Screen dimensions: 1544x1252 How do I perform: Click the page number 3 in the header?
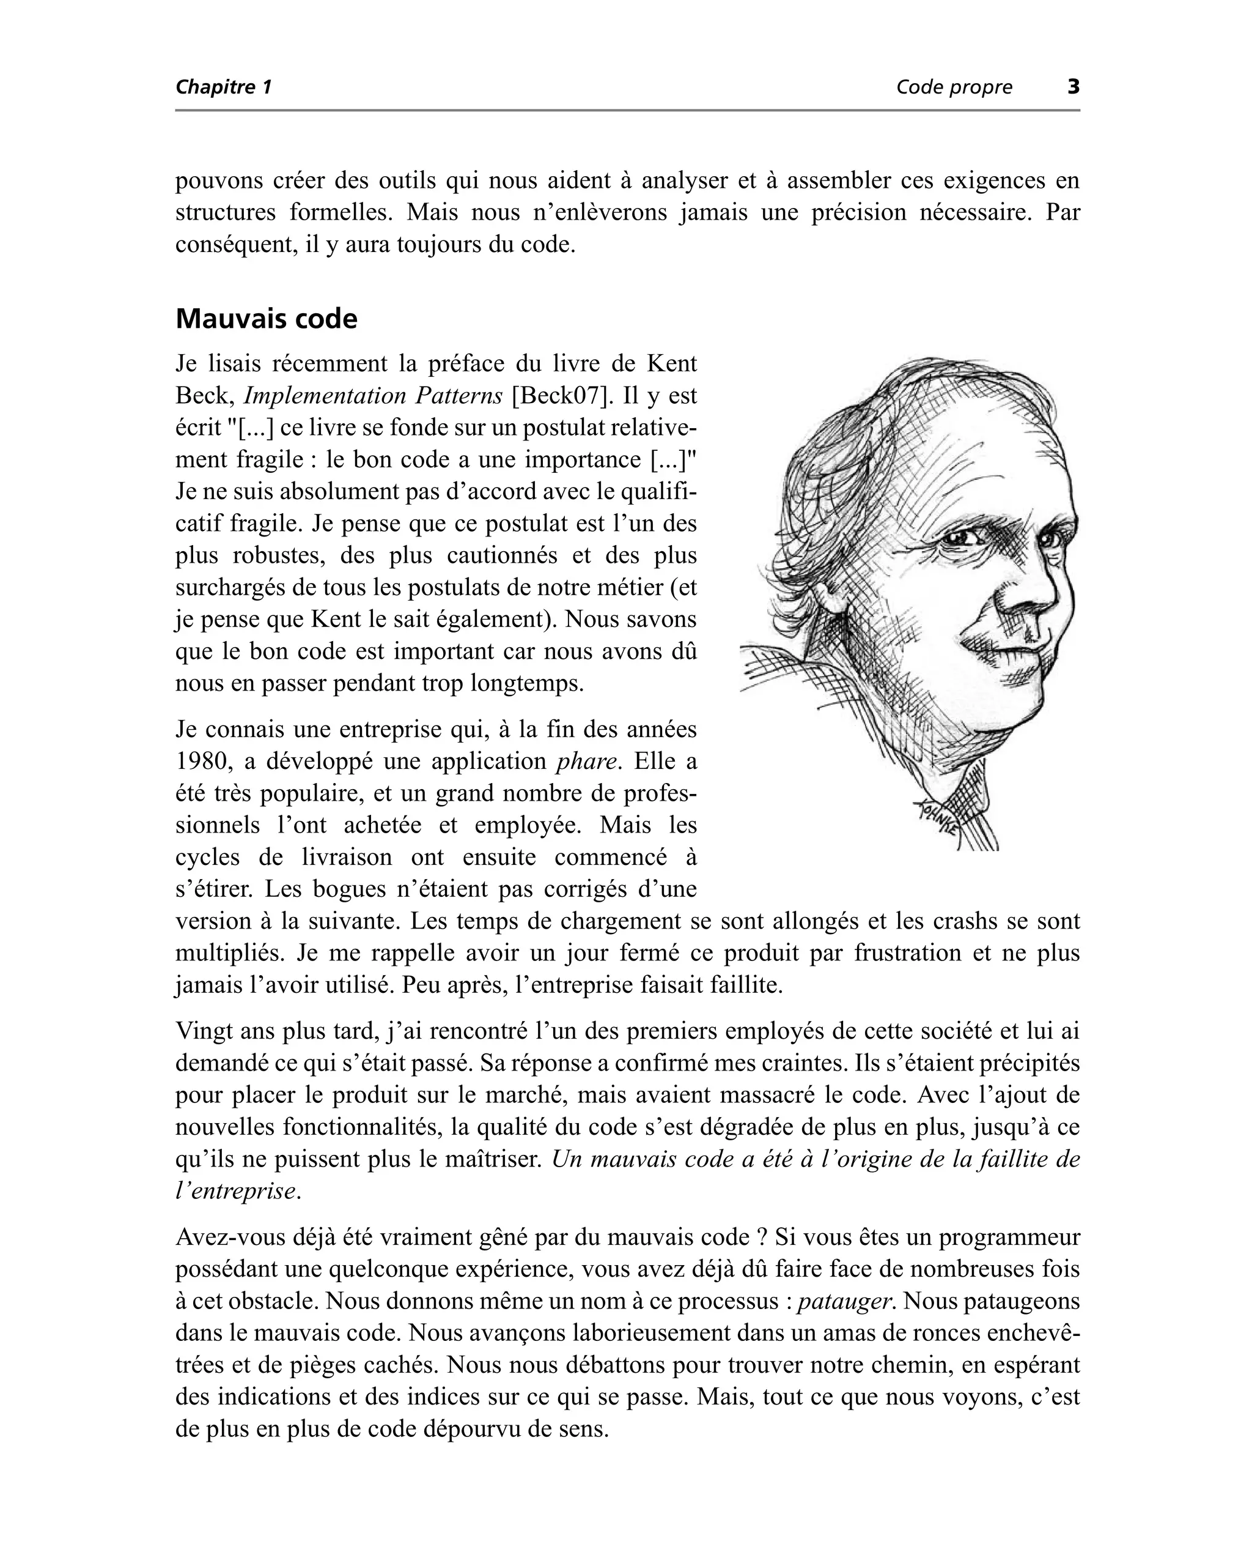[1073, 87]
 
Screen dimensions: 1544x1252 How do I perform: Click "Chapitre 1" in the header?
[224, 87]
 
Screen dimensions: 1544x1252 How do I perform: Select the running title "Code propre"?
[954, 87]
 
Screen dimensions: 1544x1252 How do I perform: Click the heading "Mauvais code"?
[266, 319]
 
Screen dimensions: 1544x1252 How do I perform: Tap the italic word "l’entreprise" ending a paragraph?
[235, 1191]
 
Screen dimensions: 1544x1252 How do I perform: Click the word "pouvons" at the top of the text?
[218, 181]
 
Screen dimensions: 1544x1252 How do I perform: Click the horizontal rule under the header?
[627, 110]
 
